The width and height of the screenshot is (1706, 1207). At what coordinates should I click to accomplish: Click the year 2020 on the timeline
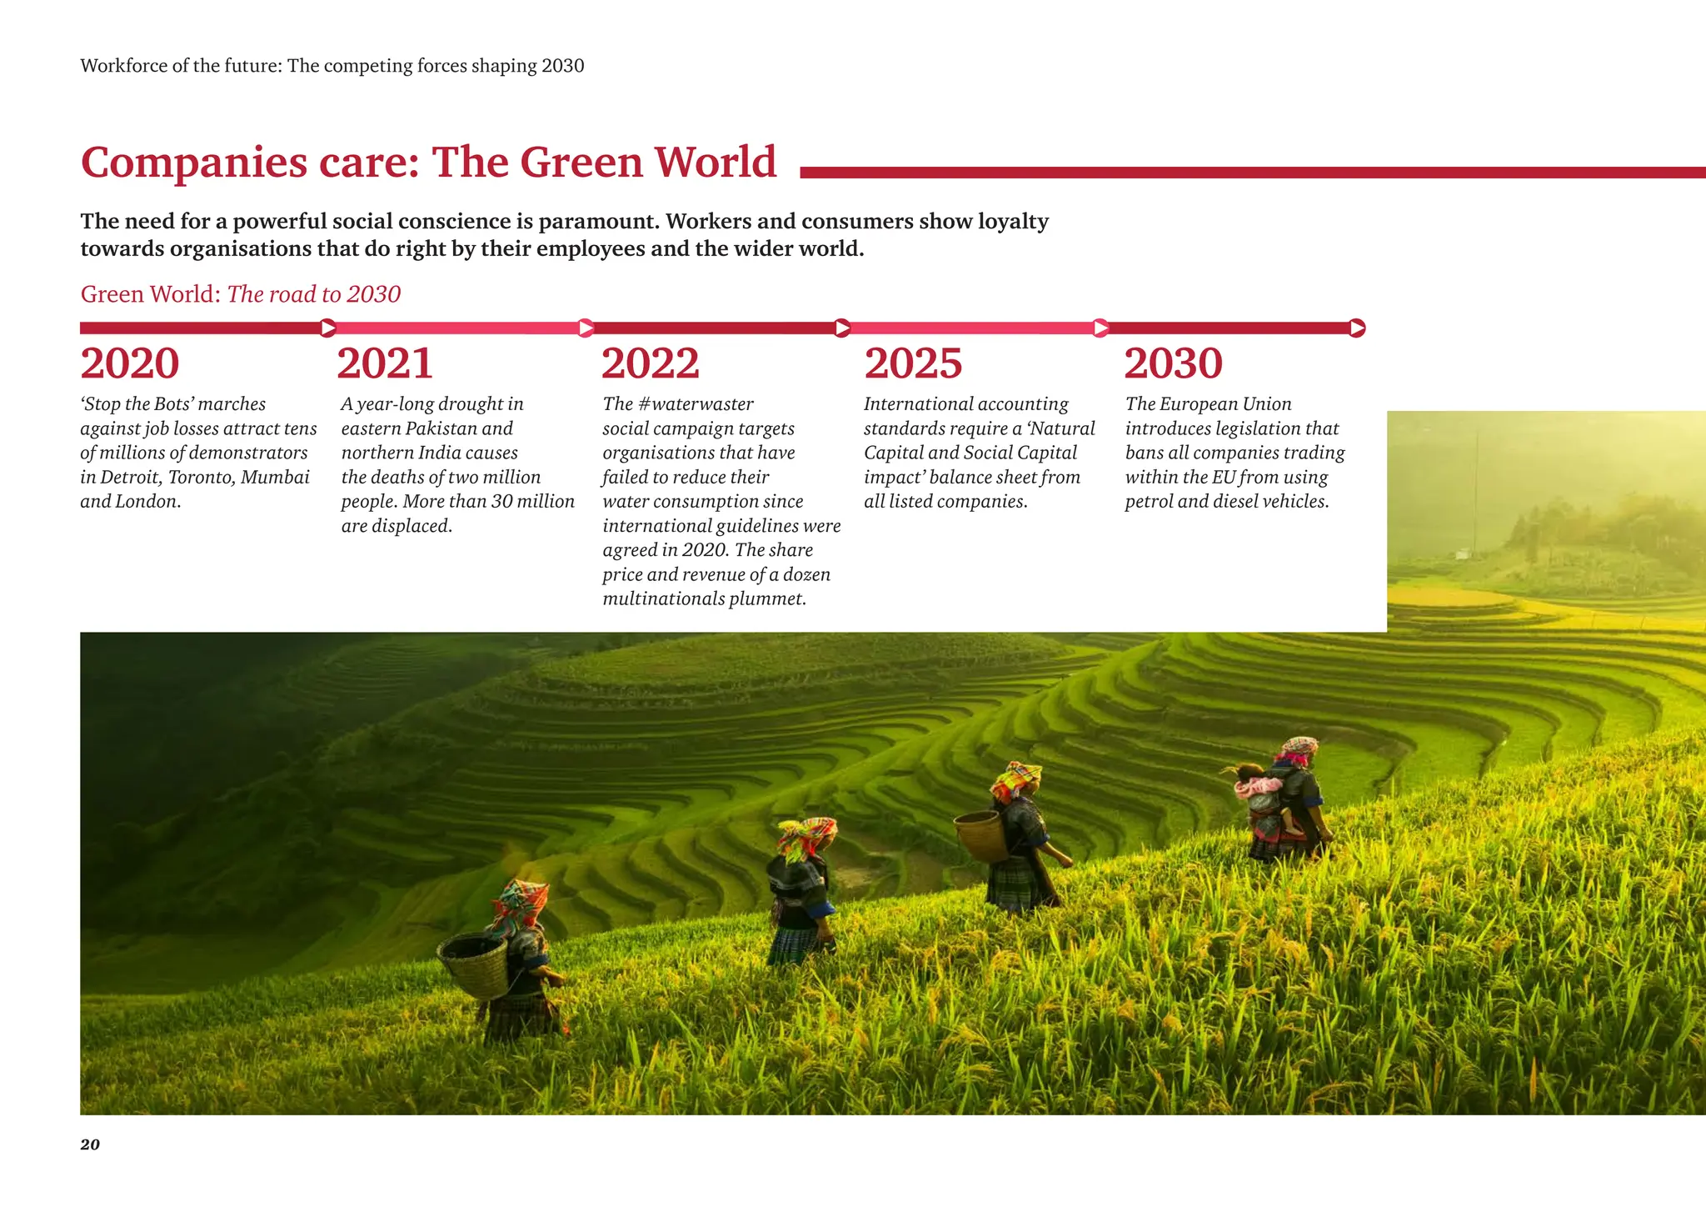(130, 363)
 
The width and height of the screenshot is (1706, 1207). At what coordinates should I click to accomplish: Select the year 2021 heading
(385, 363)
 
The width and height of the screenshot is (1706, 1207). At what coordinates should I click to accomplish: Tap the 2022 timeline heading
(650, 363)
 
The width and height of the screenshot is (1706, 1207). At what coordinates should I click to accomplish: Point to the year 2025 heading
(913, 363)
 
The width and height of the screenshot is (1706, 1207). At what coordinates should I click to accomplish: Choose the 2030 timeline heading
(1173, 363)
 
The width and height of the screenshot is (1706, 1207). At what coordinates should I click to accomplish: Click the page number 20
(90, 1144)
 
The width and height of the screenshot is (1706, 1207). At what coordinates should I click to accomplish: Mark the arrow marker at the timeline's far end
(1357, 328)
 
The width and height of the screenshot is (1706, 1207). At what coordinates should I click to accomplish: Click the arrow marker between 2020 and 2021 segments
(328, 328)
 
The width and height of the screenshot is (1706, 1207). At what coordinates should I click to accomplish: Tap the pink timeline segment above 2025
(970, 328)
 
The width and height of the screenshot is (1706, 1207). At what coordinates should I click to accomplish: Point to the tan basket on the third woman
(980, 835)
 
